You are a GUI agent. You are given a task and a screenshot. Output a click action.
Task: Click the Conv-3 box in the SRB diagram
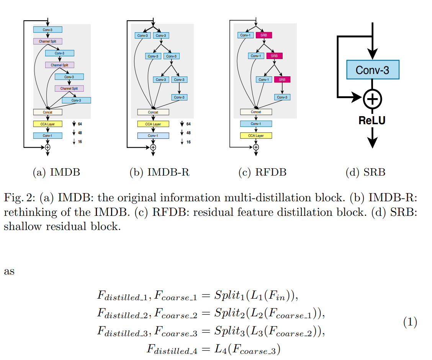[372, 70]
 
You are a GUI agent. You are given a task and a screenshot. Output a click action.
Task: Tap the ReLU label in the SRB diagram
[372, 120]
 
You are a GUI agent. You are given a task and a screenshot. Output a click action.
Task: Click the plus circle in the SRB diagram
[372, 99]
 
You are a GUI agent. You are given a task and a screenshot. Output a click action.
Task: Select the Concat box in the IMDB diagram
[47, 112]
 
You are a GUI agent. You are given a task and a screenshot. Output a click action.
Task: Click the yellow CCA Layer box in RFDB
[256, 135]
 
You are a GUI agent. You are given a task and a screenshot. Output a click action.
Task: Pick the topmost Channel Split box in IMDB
[47, 41]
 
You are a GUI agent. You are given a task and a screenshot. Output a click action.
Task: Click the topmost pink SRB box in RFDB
[263, 35]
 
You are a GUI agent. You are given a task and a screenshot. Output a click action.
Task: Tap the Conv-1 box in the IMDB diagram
[47, 136]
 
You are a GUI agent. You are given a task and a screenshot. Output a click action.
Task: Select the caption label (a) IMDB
[57, 173]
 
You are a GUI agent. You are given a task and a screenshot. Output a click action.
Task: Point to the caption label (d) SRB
[365, 173]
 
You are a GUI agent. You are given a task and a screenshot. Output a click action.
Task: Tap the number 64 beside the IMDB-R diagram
[188, 124]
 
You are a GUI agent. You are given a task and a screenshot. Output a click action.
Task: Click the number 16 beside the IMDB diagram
[80, 142]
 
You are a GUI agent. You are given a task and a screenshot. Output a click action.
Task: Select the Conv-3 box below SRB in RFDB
[282, 97]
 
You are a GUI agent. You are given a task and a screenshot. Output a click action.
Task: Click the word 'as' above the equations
[9, 271]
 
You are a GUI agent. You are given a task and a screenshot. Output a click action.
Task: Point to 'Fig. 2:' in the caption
[20, 198]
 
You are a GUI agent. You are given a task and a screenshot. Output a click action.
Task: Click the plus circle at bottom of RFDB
[256, 147]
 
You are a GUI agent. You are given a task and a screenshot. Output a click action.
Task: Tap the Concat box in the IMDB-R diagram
[153, 112]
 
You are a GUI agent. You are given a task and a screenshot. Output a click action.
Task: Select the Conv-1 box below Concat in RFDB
[256, 124]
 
